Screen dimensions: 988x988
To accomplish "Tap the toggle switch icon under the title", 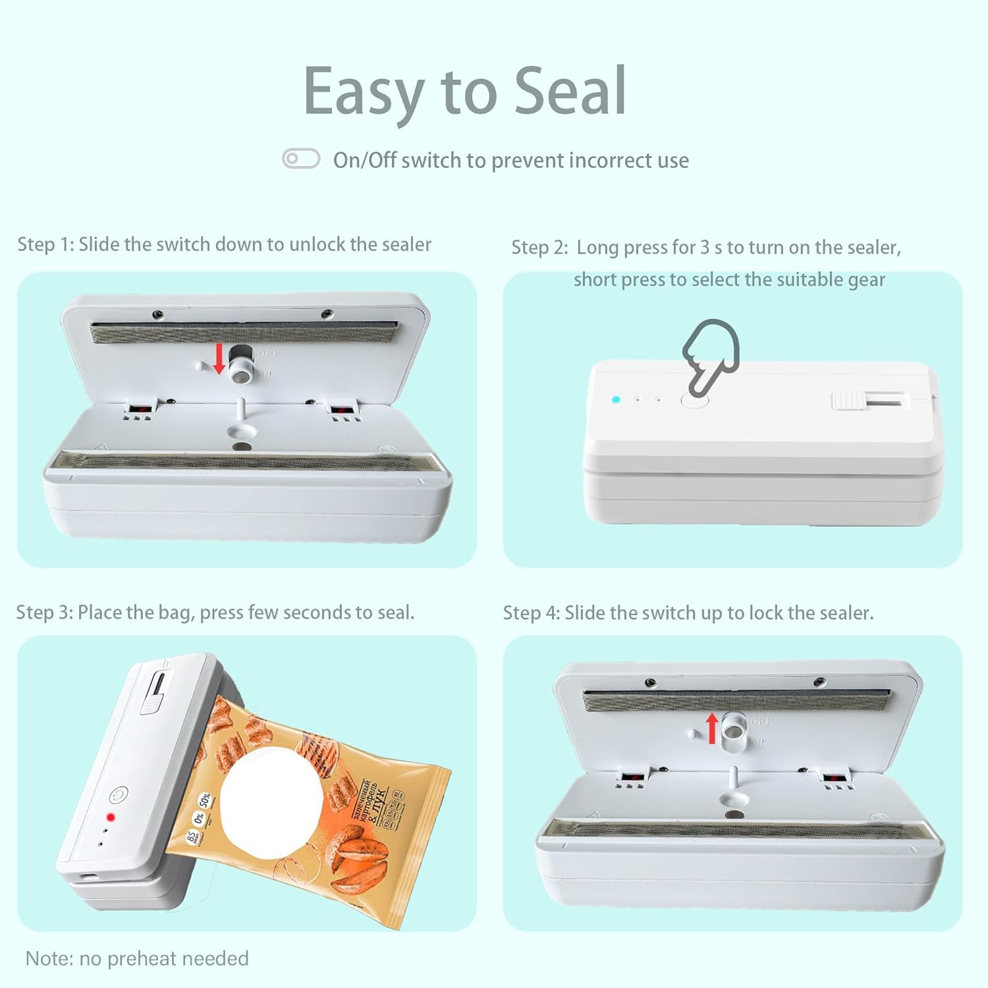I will (x=301, y=159).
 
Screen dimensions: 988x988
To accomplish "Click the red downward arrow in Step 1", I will (x=219, y=360).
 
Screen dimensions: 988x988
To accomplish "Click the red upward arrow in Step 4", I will (x=712, y=728).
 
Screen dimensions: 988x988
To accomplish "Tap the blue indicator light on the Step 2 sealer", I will (x=616, y=399).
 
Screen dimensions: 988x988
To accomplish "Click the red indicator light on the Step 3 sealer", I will (x=111, y=817).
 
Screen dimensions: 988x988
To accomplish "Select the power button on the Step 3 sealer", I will (x=119, y=795).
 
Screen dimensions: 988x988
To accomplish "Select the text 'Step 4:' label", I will (x=532, y=613).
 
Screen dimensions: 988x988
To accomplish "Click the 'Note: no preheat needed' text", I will (x=137, y=958).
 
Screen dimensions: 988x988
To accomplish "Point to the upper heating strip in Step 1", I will (x=244, y=333).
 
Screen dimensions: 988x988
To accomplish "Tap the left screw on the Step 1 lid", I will (x=157, y=314).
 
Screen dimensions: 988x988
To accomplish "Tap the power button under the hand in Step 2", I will (x=695, y=400).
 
